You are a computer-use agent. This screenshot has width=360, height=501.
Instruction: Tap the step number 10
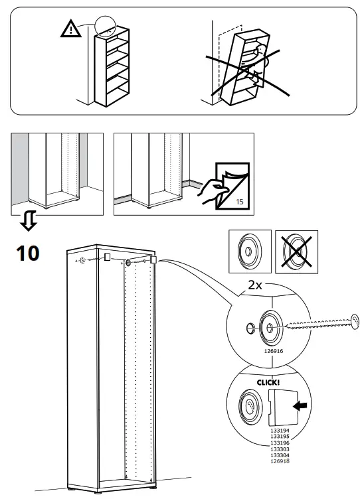coord(28,252)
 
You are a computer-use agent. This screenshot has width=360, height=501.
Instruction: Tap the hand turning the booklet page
coord(212,193)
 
